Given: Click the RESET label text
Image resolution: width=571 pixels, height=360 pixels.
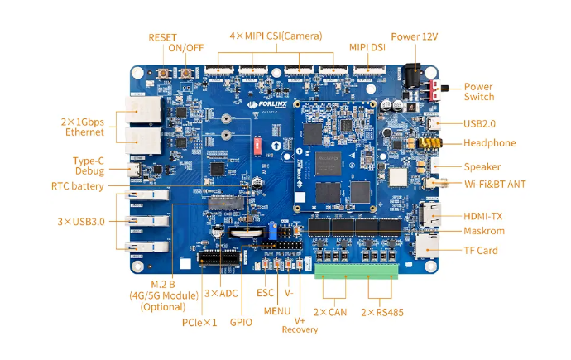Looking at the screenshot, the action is coord(162,37).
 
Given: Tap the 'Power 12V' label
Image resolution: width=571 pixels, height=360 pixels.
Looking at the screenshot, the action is coord(415,36).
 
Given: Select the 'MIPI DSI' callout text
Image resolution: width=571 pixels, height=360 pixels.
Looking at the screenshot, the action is coord(367,48).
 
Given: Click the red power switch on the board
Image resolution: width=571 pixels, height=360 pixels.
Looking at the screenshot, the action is coord(435,90).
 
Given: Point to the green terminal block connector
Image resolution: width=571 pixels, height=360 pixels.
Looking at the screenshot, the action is coord(357,271).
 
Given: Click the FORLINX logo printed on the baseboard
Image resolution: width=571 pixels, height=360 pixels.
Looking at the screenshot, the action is coord(267,105).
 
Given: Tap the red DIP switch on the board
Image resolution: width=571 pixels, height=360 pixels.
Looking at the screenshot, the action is coord(257,146).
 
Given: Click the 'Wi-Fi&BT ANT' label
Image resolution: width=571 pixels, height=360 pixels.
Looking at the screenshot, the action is coord(495,185).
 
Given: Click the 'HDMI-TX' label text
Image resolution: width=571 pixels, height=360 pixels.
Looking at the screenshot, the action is coord(482,216).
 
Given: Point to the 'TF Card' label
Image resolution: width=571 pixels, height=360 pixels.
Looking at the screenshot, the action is coord(481,251).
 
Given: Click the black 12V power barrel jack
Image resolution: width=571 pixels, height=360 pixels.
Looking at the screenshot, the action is coord(412,75).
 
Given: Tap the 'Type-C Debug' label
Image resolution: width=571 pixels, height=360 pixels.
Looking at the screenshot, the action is coord(89,166).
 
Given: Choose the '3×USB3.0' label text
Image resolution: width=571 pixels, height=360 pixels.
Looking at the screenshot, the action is coord(81,222).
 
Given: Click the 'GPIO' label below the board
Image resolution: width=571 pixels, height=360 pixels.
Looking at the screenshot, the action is coord(241,323).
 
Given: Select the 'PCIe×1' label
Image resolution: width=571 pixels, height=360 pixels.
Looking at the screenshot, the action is coord(199,323).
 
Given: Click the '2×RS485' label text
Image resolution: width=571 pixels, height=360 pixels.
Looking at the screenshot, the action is coord(382,312).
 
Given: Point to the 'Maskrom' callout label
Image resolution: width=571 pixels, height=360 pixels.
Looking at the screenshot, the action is coord(484,231).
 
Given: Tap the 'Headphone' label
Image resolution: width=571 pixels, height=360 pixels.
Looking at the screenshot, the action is coord(489,143).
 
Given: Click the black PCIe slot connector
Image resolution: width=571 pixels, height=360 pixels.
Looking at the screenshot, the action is coord(219,258).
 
